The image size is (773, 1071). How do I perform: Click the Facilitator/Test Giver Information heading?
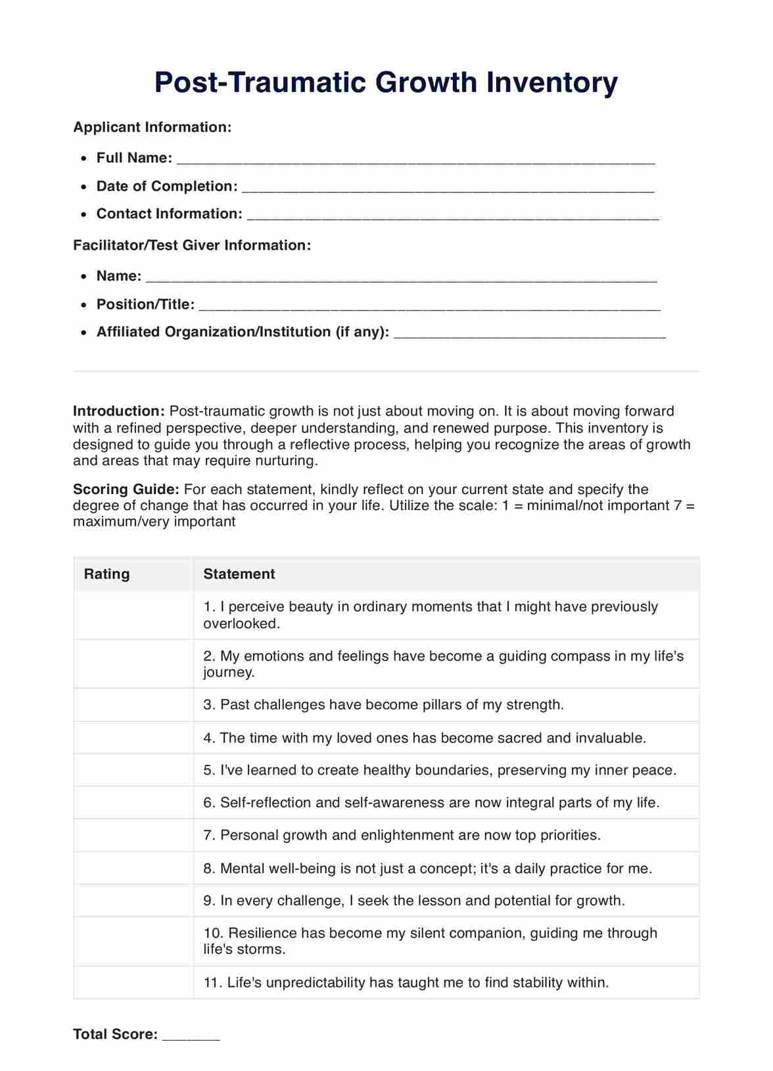[x=192, y=245]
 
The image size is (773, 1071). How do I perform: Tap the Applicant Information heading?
[x=152, y=127]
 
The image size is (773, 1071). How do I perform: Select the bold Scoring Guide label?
[x=126, y=490]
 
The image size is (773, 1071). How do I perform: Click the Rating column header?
[x=106, y=574]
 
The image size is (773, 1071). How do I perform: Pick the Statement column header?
[x=239, y=574]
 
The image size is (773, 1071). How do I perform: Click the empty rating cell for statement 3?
[x=133, y=705]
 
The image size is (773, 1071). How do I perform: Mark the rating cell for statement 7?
[x=133, y=835]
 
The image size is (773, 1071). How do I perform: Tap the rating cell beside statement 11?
[x=133, y=982]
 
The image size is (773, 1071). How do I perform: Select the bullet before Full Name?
[x=83, y=158]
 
